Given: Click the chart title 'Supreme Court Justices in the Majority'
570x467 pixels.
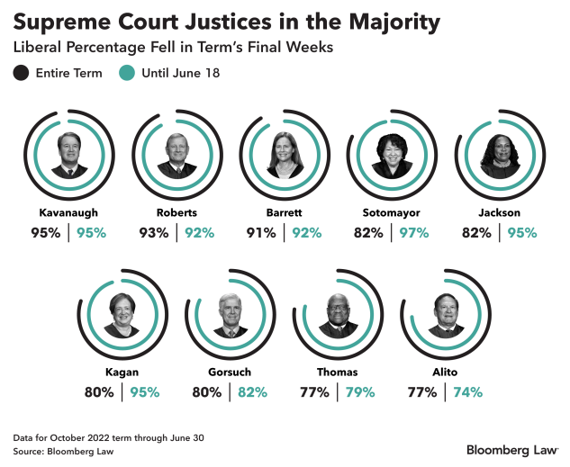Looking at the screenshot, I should [228, 21].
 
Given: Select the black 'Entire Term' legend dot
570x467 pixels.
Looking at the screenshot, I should [21, 74].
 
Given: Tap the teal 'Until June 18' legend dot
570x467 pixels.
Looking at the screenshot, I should [127, 74].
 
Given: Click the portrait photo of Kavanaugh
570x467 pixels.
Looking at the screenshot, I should [69, 156].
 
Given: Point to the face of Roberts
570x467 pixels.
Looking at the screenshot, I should [176, 148].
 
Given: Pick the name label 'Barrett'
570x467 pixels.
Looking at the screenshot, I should [284, 213].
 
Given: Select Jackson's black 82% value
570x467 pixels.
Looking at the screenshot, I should [475, 232].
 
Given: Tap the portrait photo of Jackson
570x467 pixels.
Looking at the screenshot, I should [499, 156].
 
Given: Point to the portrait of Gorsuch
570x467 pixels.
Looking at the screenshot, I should [231, 315].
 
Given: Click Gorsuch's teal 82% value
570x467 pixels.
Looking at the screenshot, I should [251, 391].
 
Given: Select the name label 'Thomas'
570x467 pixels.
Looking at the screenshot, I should [338, 373].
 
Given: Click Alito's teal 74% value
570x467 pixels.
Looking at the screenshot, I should [467, 391].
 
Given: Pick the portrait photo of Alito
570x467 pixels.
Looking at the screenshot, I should [446, 315].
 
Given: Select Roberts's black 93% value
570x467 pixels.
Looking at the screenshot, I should [154, 232].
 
